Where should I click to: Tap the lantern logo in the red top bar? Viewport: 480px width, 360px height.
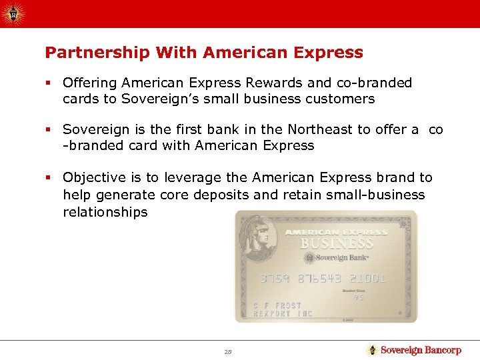(x=12, y=13)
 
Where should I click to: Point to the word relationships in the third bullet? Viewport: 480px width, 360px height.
(x=105, y=212)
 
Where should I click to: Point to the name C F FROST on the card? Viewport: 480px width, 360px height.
(x=277, y=306)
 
